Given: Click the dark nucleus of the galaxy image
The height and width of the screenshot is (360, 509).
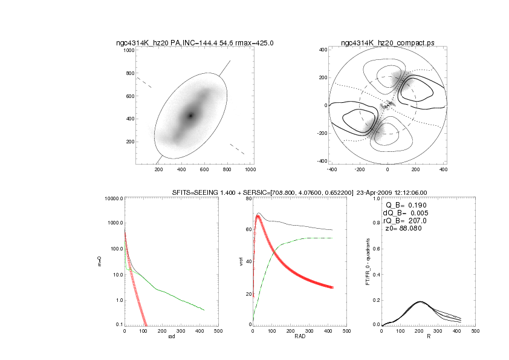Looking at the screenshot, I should point(191,115).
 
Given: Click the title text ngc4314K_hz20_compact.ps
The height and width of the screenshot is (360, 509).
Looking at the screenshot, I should point(387,43).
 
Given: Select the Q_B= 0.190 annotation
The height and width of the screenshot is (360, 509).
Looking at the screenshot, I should point(406,205).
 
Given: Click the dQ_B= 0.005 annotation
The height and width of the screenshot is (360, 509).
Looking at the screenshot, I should point(404,213).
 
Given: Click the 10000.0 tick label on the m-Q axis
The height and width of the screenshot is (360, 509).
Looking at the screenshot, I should point(111,198).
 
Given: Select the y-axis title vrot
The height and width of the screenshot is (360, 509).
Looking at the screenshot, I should point(241,261).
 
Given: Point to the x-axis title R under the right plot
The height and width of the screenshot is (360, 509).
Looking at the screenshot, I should point(429,336).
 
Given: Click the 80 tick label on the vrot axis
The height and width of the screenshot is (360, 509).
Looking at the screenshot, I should point(248,198).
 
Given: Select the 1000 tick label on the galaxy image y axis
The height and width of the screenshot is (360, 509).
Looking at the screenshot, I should point(128,50).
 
